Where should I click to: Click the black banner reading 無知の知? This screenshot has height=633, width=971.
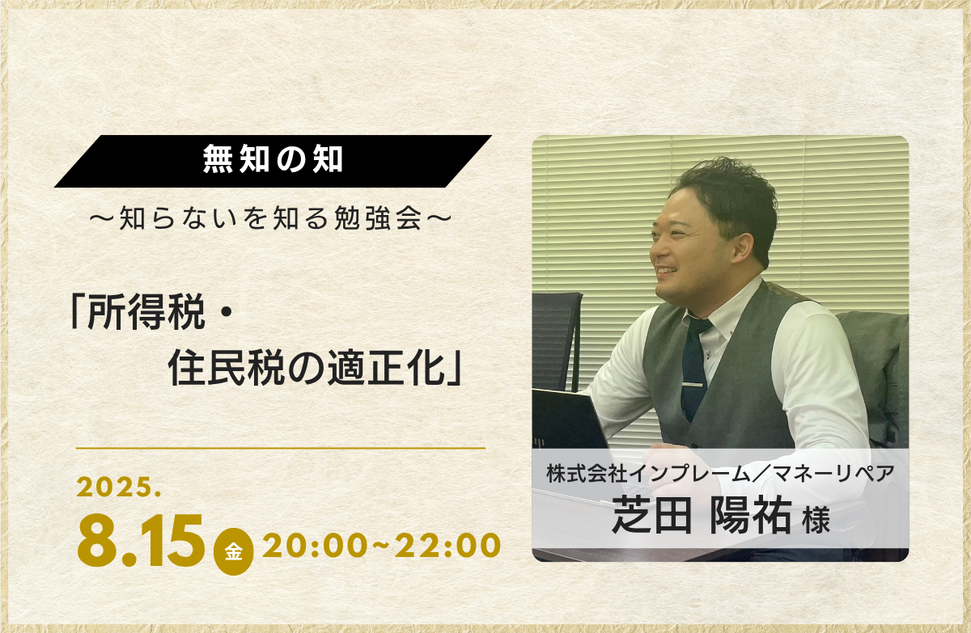click(x=273, y=161)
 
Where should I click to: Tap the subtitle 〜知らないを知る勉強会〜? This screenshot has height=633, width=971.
click(x=271, y=219)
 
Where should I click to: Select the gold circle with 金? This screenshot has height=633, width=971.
click(x=234, y=551)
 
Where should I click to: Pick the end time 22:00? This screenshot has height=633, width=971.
click(x=448, y=546)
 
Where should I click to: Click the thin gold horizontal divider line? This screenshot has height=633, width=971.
click(x=281, y=448)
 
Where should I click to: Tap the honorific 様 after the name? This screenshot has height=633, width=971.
click(x=816, y=521)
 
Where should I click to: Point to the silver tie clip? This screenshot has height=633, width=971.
click(x=693, y=384)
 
